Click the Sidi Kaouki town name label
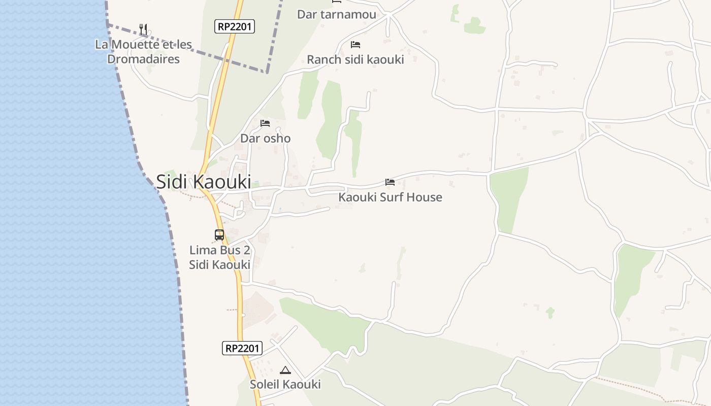[203, 182]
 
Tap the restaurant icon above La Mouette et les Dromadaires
[143, 29]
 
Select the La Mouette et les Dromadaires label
[144, 52]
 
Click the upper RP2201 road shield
[234, 26]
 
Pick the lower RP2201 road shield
[242, 348]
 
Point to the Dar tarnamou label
[336, 14]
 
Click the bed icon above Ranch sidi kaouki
[355, 45]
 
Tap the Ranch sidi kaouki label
[355, 59]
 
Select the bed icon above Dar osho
[265, 123]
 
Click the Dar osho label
[265, 139]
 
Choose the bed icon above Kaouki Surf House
[390, 182]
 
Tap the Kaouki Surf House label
[390, 197]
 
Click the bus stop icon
[219, 235]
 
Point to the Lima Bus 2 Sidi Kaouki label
[219, 257]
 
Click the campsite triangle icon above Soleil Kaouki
[285, 370]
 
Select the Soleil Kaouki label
[285, 384]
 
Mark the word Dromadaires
[144, 59]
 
